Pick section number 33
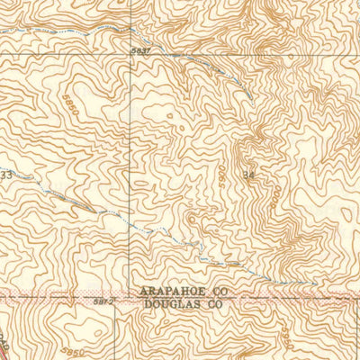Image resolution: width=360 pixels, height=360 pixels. (6, 175)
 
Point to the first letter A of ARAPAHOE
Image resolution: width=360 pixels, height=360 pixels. (144, 292)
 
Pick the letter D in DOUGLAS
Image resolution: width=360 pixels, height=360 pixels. (144, 304)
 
